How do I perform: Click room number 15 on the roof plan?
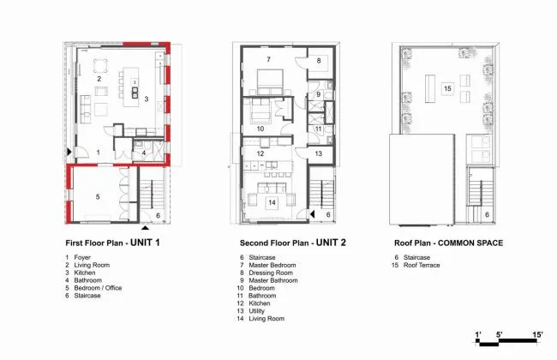(x=447, y=88)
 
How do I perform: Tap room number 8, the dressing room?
(x=319, y=60)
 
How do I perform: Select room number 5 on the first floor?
(x=98, y=197)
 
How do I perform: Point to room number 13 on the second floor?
(x=318, y=153)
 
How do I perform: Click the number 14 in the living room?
(x=272, y=202)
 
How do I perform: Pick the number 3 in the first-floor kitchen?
(x=146, y=99)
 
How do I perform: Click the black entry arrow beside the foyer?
(x=69, y=152)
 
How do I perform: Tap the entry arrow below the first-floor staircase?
(x=146, y=227)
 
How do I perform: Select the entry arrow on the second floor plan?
(x=312, y=214)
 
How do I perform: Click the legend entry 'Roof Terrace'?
(x=422, y=265)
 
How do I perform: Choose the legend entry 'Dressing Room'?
(x=271, y=273)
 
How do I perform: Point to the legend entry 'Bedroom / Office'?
(x=98, y=288)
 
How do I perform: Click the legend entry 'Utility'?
(x=256, y=311)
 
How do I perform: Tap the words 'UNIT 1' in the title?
(x=145, y=243)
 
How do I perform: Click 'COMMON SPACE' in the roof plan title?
(x=470, y=243)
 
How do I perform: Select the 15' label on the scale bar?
(x=537, y=334)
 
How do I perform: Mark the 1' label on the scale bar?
(x=478, y=334)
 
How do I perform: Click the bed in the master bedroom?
(x=270, y=82)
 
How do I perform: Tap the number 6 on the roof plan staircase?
(x=487, y=214)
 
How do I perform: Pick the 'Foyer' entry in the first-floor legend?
(x=82, y=257)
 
